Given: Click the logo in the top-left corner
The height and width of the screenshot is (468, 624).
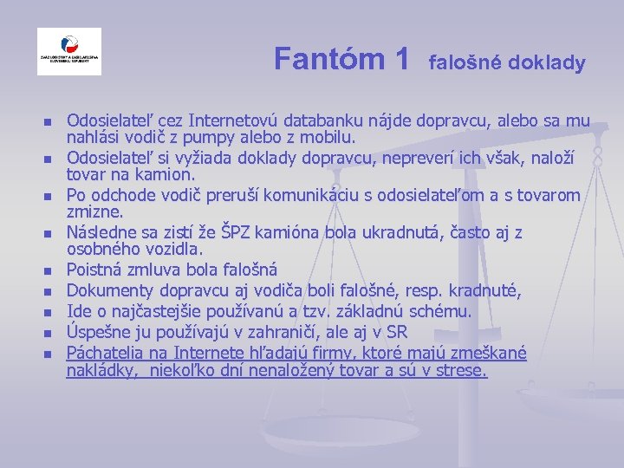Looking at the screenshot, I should [68, 52].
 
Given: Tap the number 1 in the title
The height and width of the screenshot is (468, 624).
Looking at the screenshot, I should [400, 59].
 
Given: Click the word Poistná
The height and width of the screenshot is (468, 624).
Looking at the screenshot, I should [97, 269].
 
